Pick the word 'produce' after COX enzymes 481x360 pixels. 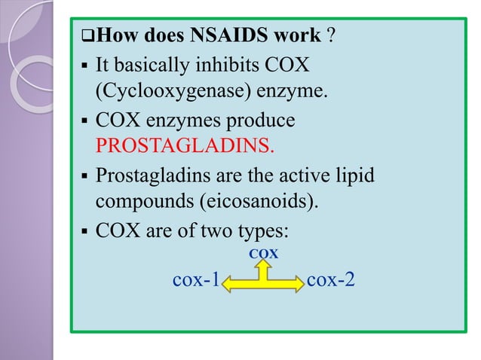(x=261, y=121)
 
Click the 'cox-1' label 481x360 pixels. (x=196, y=281)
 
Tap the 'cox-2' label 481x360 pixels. (x=331, y=281)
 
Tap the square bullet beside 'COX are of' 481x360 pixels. (x=84, y=230)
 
